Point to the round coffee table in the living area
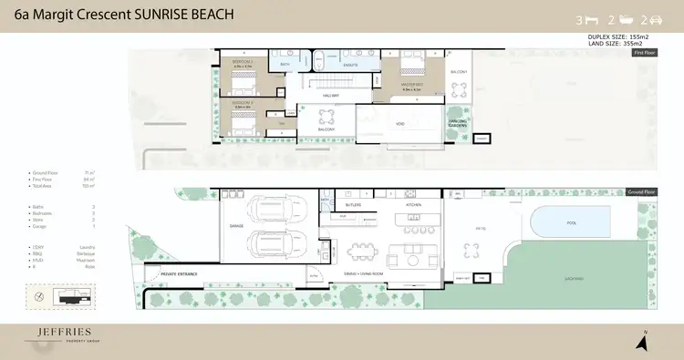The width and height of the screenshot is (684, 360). (x=405, y=252)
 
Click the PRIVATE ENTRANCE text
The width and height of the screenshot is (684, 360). (x=180, y=273)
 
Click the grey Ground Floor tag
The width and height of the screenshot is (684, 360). (x=642, y=193)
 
